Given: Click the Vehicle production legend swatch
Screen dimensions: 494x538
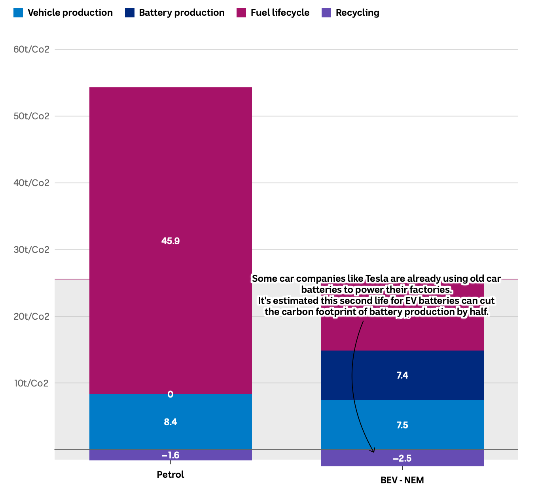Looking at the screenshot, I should pos(18,13).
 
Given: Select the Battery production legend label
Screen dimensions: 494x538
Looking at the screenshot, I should pos(182,13).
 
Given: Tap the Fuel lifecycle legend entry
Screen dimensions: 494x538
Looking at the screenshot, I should pos(280,13).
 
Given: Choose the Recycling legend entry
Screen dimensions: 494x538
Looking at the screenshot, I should pos(357,13).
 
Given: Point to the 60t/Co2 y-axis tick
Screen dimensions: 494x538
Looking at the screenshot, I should pos(32,49).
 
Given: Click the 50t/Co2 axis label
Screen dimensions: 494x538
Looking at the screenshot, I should pos(32,116).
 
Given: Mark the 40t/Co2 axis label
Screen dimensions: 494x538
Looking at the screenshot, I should pos(32,183).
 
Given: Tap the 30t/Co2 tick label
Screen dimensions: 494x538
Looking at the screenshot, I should pos(32,250).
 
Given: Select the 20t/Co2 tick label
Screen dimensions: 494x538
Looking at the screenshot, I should pos(32,317).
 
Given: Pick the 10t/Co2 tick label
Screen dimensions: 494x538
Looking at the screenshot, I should pos(32,383).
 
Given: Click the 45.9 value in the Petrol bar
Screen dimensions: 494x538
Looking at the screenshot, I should pos(170,241).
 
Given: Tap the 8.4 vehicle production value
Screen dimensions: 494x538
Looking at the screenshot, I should pos(170,422).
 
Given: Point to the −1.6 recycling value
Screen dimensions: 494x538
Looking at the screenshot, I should pos(170,455).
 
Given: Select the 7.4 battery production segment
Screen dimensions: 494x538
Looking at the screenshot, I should pos(402,375).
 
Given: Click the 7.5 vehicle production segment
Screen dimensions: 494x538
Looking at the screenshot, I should pos(402,425).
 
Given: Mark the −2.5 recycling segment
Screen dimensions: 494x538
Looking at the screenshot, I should pos(402,458).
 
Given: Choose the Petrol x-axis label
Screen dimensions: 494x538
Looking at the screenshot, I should pos(170,474).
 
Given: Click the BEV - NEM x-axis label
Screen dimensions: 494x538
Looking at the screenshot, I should pos(402,480).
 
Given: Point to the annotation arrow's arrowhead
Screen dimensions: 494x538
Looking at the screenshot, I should pos(372,451).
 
